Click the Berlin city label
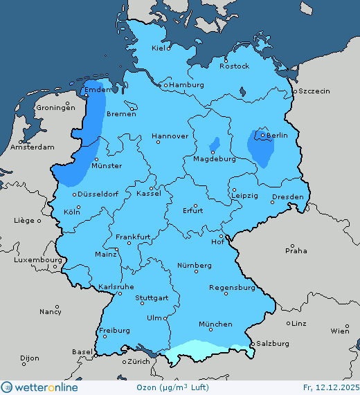click(277, 135)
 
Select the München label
click(215, 324)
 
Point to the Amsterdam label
click(33, 147)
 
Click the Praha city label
click(296, 250)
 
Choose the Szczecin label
click(314, 91)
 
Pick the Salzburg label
click(272, 343)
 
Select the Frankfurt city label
click(133, 237)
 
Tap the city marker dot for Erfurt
click(196, 205)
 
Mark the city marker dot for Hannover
click(158, 142)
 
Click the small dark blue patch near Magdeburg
click(215, 144)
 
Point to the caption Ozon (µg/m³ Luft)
click(177, 387)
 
